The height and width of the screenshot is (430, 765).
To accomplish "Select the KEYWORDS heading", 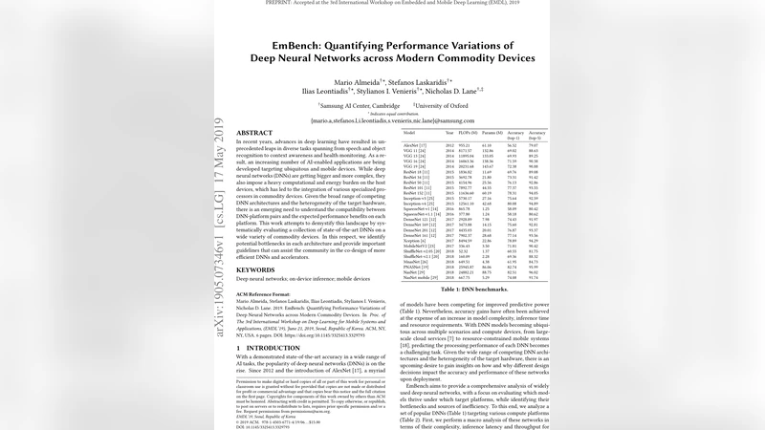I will tap(255, 270).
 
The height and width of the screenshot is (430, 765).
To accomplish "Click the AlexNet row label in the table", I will tap(414, 143).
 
